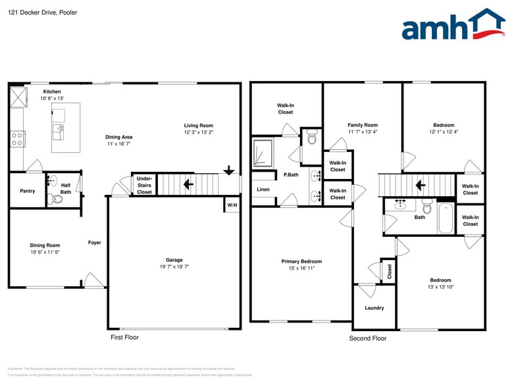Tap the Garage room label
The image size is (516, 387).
[x=174, y=260]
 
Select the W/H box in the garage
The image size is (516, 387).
[x=232, y=205]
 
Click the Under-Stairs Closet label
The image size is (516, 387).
[x=144, y=185]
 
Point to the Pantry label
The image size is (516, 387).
[x=27, y=191]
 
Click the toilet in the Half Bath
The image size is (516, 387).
[x=57, y=198]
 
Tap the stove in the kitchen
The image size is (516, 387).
[x=17, y=138]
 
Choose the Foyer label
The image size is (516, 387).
[x=95, y=243]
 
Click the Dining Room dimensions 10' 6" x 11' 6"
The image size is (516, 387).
[x=45, y=252]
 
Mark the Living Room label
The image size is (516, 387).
[x=198, y=126]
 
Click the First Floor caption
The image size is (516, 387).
[x=124, y=337]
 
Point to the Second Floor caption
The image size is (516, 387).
[x=367, y=338]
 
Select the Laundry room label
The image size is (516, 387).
[x=374, y=308]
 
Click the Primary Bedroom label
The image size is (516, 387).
[x=301, y=261]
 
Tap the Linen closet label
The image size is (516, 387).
[x=263, y=190]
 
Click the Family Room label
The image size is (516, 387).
[x=363, y=125]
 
